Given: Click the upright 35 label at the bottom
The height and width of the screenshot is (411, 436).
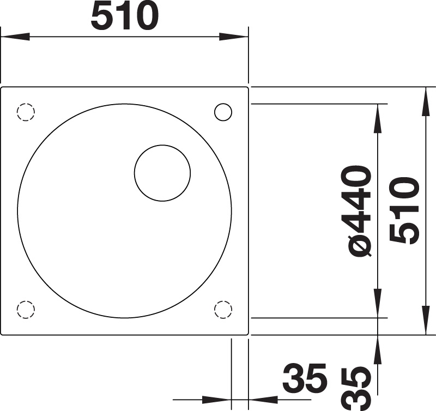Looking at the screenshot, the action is click(x=305, y=377).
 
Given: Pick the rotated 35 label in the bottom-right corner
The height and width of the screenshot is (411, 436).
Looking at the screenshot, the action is click(x=357, y=388).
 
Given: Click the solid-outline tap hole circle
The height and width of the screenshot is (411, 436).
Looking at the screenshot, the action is click(x=223, y=112).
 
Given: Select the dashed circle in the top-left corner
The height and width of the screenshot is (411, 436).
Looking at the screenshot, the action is click(x=26, y=112).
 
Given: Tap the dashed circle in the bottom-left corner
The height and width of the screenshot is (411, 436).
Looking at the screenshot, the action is click(x=26, y=310).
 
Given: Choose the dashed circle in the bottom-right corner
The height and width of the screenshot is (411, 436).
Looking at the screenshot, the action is click(x=223, y=310).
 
